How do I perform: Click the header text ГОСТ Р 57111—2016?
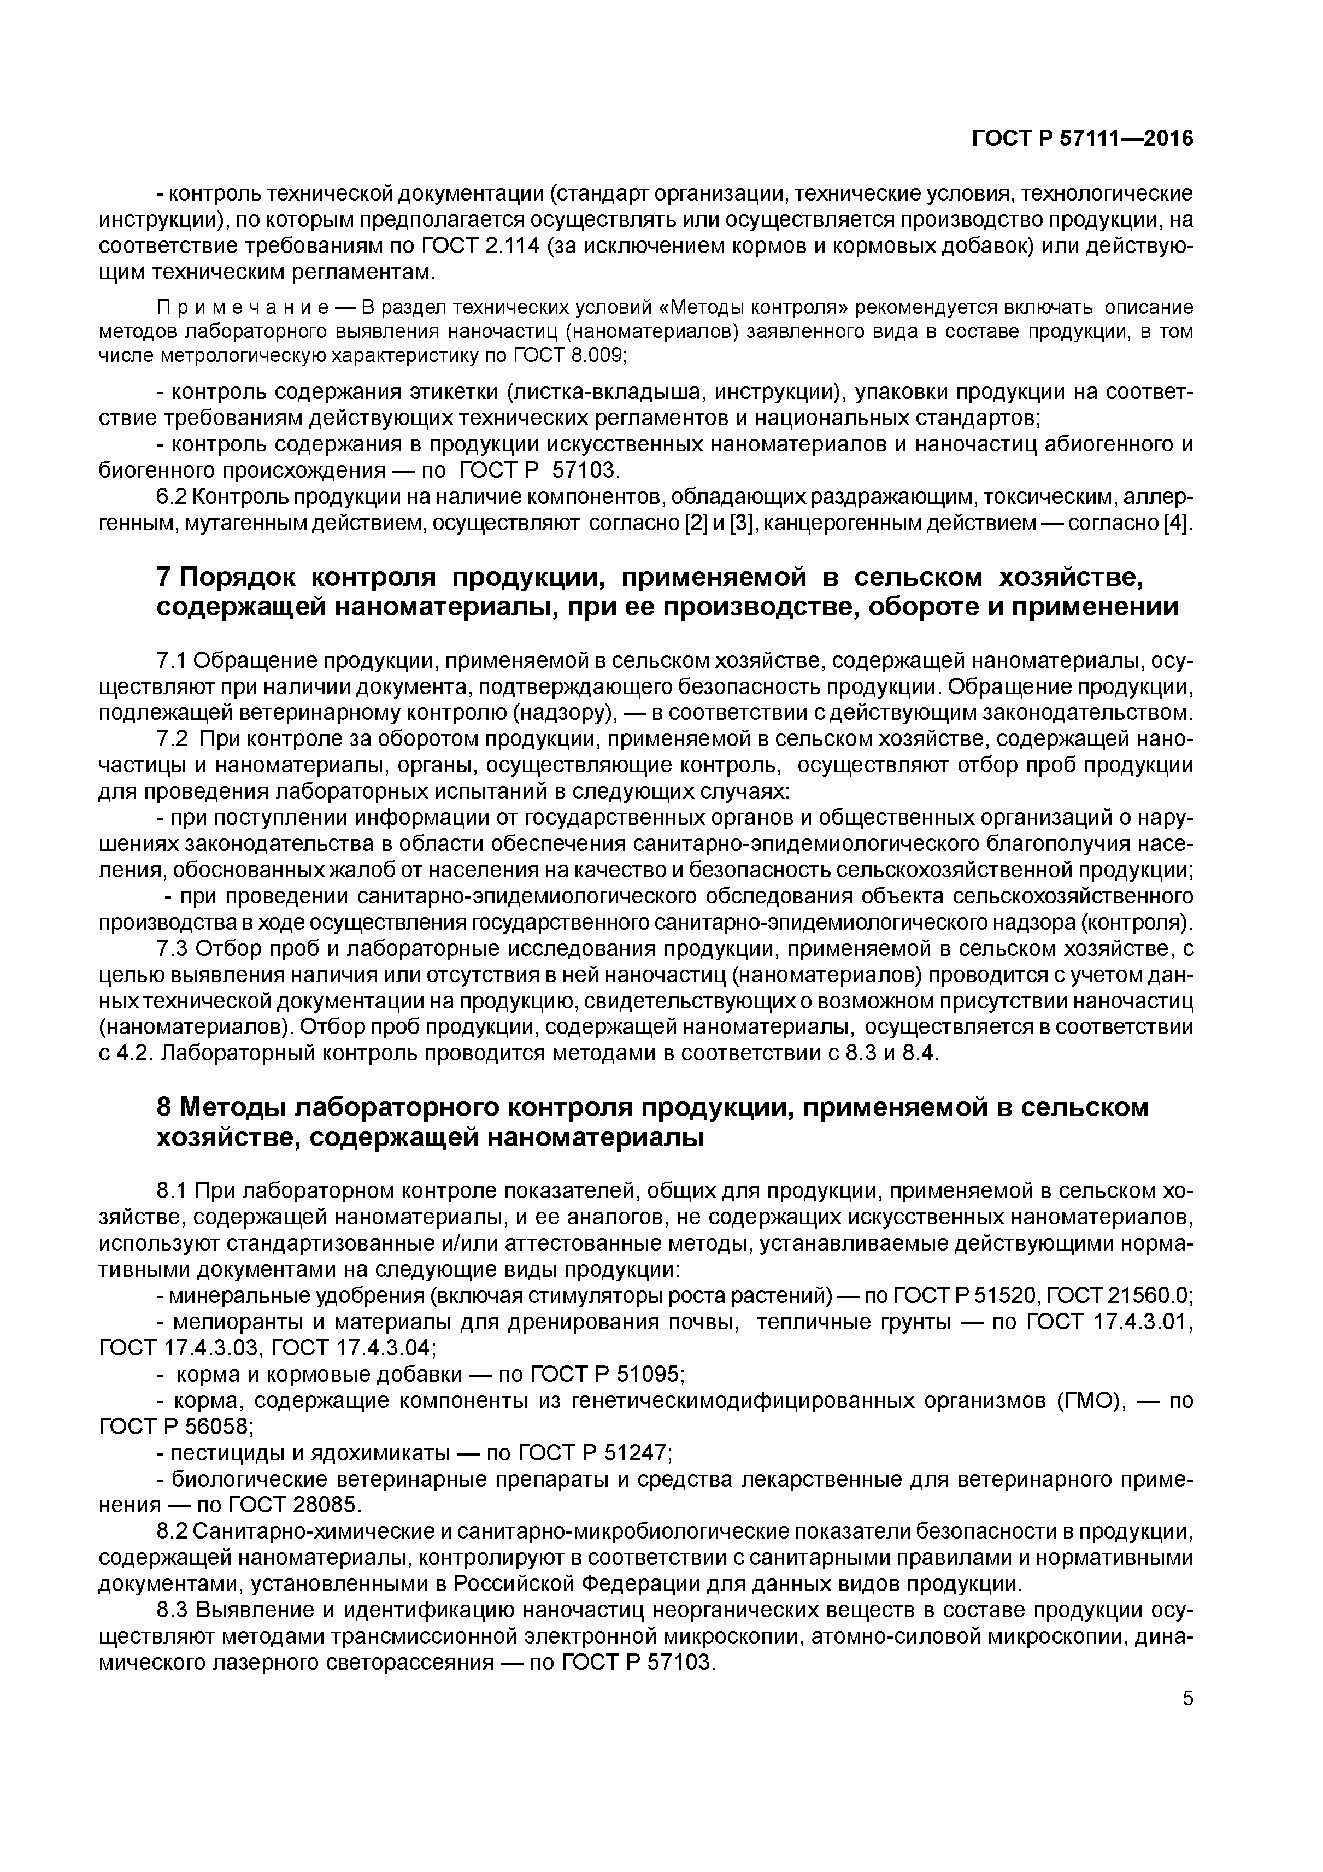click(1081, 139)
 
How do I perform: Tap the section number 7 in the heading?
click(163, 577)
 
